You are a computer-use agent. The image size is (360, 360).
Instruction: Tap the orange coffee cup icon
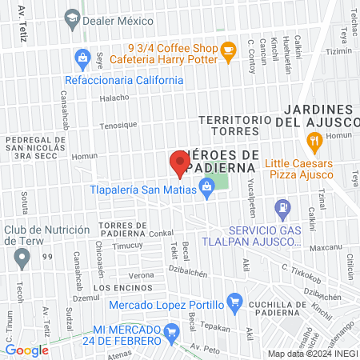(x=228, y=50)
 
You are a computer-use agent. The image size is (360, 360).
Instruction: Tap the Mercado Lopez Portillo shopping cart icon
(x=234, y=302)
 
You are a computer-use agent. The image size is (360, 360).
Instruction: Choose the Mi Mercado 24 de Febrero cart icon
(x=170, y=330)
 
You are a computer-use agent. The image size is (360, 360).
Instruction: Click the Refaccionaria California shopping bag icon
(x=82, y=58)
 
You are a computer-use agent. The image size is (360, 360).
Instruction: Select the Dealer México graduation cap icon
(x=73, y=18)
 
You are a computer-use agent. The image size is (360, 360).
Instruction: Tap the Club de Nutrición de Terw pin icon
(x=22, y=257)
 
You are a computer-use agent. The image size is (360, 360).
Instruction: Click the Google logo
(x=26, y=350)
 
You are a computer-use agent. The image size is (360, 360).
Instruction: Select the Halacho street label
(x=114, y=98)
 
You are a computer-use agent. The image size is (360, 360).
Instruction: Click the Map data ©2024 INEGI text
(x=312, y=354)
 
